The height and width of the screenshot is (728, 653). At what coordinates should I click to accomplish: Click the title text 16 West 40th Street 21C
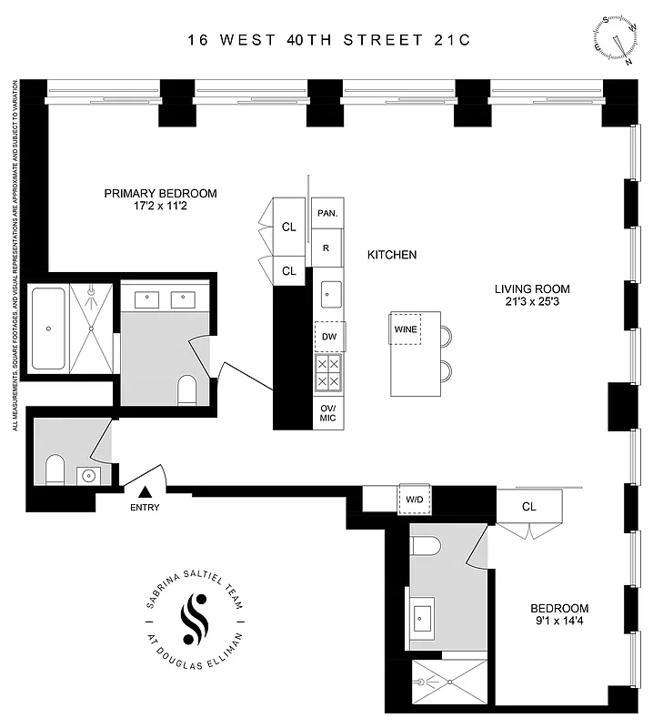(326, 40)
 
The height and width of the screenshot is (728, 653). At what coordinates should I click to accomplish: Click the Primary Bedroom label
(160, 193)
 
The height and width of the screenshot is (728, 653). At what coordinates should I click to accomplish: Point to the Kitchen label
(392, 255)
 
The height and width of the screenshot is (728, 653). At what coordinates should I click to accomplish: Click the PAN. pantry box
(327, 213)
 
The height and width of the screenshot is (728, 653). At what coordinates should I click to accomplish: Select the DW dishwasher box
(328, 336)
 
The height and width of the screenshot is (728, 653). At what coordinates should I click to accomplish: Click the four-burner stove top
(328, 372)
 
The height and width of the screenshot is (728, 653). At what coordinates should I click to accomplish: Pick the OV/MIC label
(328, 414)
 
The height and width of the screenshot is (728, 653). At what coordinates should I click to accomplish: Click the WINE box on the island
(406, 329)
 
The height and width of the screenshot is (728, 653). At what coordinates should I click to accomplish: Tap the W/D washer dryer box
(413, 499)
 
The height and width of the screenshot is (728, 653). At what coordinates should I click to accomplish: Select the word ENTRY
(145, 508)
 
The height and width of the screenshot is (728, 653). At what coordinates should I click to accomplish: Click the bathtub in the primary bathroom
(48, 329)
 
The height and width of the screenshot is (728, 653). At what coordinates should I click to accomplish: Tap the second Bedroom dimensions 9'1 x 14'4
(559, 622)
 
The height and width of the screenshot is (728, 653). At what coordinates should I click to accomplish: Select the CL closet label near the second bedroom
(528, 506)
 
